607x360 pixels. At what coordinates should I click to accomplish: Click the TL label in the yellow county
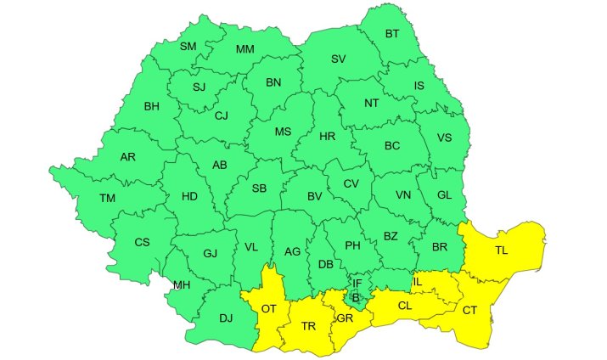(x=502, y=250)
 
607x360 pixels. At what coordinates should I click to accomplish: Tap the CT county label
(x=469, y=310)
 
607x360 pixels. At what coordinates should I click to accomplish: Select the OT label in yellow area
(x=269, y=308)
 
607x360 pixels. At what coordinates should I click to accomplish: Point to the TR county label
(x=308, y=326)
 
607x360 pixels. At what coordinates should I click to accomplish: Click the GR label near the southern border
(x=345, y=318)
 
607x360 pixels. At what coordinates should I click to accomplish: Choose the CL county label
(x=405, y=305)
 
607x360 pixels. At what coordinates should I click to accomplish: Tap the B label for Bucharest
(x=357, y=296)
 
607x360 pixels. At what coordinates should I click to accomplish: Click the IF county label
(x=357, y=283)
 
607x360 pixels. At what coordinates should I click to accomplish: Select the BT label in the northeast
(x=392, y=34)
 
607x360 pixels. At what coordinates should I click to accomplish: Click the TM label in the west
(x=107, y=198)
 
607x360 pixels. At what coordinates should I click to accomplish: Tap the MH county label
(x=182, y=284)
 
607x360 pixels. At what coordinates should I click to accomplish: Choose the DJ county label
(x=225, y=318)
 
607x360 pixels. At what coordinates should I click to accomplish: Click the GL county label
(x=445, y=194)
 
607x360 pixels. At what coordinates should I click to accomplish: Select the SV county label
(x=339, y=59)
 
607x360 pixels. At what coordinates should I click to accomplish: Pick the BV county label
(x=315, y=196)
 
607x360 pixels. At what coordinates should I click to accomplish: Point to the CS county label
(x=142, y=242)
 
